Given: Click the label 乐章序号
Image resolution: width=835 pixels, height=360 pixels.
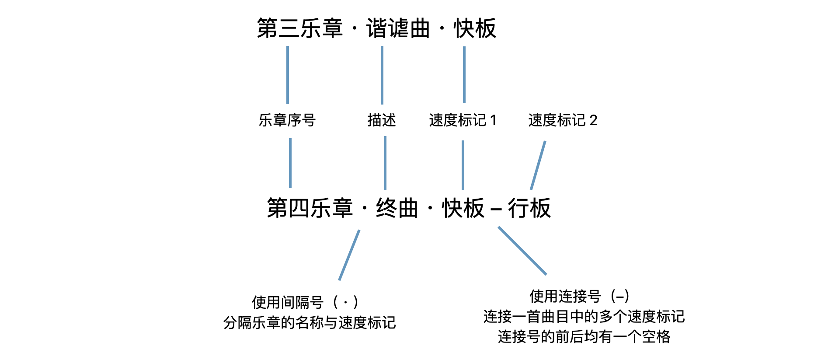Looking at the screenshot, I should coord(287,120).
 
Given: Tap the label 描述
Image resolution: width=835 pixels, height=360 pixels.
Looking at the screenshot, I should coord(381,120).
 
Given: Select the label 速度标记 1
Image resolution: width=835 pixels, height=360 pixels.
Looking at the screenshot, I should coord(463,120).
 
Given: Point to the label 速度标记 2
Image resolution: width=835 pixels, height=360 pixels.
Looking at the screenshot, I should coord(563,120).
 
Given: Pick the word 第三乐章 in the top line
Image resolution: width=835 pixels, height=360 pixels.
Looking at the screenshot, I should coord(299,28).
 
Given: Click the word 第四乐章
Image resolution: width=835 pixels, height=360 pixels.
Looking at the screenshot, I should coord(310,208).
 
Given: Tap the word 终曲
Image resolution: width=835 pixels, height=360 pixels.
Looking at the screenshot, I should coord(397,208).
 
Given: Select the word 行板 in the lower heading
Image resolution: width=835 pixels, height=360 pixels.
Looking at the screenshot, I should coord(529,208).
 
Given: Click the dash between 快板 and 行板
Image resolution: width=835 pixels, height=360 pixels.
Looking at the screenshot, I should coord(496,209).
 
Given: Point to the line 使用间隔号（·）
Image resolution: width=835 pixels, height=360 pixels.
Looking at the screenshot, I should coord(305,302).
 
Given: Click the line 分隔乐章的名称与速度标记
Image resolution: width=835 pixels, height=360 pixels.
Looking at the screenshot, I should coord(310,322).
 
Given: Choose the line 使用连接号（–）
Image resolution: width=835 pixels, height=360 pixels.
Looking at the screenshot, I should coord(579,296).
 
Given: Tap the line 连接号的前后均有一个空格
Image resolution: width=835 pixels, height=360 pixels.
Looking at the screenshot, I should coord(584,336).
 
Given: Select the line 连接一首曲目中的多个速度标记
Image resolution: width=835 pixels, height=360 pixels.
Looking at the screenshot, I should coord(584,316).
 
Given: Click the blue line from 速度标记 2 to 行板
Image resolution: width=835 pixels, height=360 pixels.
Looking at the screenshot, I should coord(538,165).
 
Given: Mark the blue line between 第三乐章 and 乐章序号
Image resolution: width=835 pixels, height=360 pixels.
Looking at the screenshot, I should coord(288,75).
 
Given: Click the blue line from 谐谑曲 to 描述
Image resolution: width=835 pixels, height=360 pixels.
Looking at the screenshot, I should coord(382,75).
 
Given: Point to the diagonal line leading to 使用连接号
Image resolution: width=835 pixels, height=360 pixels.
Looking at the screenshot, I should coord(522,251).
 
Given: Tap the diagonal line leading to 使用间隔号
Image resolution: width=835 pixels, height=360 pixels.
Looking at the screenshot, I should coord(349,255).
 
